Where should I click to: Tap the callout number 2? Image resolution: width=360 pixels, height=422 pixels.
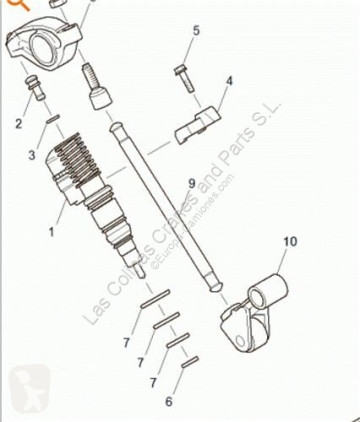click(17, 125)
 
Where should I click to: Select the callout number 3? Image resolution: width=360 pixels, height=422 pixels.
click(31, 156)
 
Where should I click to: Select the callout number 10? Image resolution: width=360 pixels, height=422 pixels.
click(289, 241)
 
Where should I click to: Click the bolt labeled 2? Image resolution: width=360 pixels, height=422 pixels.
click(35, 92)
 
